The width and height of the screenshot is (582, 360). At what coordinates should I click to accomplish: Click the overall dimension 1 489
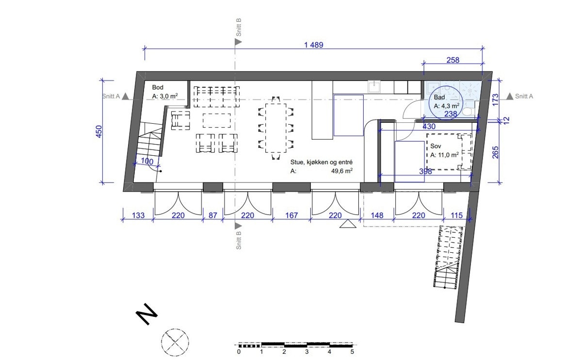coord(314,45)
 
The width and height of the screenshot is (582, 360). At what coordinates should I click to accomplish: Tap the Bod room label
coord(158,87)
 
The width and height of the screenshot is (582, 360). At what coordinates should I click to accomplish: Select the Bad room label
coord(439,97)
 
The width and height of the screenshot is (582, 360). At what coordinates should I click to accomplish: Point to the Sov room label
coord(436,146)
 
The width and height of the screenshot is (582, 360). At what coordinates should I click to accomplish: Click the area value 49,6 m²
coord(341,171)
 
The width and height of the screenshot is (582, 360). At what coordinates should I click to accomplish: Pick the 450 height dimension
coord(99,131)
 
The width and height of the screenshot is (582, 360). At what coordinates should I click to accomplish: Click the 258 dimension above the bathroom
coord(453,60)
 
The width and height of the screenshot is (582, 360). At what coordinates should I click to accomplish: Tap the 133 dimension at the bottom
coord(138,215)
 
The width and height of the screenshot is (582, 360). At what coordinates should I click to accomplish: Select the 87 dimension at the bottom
coord(213,215)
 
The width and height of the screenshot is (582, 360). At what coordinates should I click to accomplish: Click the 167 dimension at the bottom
coord(291,215)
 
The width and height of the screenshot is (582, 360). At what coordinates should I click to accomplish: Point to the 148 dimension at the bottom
coord(377,215)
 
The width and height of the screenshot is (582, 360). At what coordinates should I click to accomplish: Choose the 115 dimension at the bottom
coord(456,215)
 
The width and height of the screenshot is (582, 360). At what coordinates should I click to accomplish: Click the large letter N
coord(147,314)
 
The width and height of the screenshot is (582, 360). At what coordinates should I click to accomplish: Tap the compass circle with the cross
coord(175,342)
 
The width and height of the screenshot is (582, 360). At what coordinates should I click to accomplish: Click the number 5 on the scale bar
coord(352,352)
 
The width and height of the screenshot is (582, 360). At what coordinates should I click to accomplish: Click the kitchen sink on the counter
coord(374,86)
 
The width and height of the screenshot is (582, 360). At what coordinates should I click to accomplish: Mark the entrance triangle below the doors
coord(348,224)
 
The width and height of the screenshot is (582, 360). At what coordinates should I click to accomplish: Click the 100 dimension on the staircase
coord(147,161)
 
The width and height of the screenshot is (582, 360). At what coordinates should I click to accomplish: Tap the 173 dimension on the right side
coord(496,99)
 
